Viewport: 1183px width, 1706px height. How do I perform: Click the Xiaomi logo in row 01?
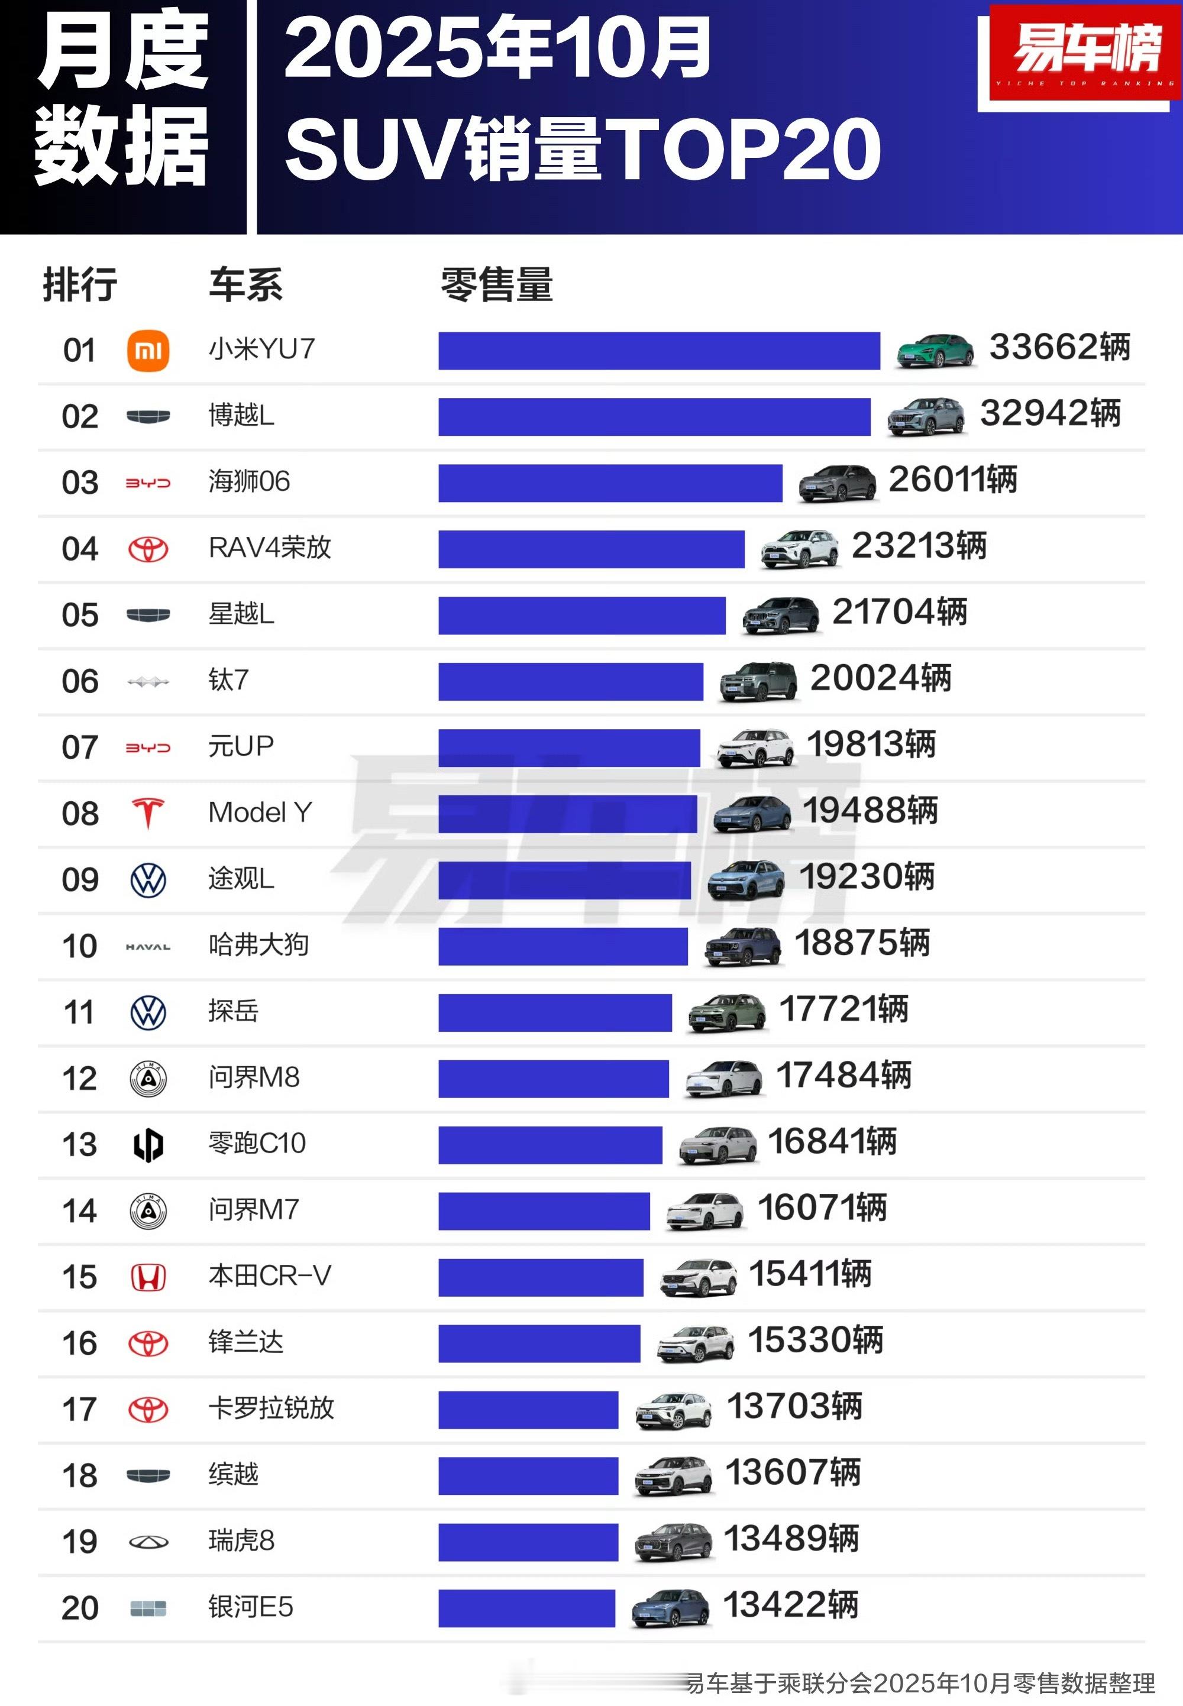(x=148, y=351)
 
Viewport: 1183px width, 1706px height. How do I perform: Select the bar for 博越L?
(x=654, y=416)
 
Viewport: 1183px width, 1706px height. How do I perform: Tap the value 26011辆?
(x=952, y=480)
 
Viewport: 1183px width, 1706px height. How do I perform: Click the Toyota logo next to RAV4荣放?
(x=148, y=549)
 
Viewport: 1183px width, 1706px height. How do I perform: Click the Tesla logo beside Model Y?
(x=148, y=813)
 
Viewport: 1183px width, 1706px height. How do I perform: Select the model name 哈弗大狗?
(x=258, y=945)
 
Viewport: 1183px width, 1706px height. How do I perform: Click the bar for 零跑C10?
(x=550, y=1145)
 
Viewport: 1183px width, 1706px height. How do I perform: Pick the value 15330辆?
(x=815, y=1340)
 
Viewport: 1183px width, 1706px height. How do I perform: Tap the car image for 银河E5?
(x=670, y=1608)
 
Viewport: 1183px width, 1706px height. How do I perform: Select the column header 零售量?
(x=497, y=284)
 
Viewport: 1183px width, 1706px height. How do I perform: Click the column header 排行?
(x=79, y=284)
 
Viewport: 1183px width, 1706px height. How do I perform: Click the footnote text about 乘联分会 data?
(x=919, y=1682)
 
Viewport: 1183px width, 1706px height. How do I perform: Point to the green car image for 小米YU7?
(x=934, y=351)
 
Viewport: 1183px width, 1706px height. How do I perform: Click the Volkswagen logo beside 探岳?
(x=148, y=1012)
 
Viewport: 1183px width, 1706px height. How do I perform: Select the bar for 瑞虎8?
(x=528, y=1542)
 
